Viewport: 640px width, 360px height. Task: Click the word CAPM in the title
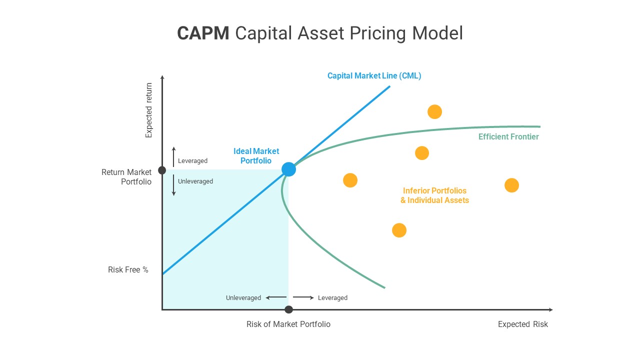click(203, 33)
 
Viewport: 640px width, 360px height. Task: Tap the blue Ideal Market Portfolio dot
click(288, 169)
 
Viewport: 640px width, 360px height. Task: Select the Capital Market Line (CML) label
click(374, 76)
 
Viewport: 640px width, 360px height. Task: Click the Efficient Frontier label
click(508, 137)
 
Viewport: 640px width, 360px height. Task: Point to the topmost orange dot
click(434, 111)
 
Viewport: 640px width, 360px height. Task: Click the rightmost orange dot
click(511, 185)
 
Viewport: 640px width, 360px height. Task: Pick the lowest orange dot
click(399, 230)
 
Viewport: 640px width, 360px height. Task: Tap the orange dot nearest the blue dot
click(350, 180)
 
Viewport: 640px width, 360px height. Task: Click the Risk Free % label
click(128, 270)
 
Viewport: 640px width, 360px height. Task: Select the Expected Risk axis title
click(522, 324)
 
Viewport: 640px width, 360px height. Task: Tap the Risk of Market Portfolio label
click(288, 324)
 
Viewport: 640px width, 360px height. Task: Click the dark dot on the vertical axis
click(162, 170)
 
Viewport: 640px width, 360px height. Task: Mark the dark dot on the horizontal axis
click(288, 309)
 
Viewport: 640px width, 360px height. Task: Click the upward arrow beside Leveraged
click(173, 156)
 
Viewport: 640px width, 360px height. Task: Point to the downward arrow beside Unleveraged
click(173, 185)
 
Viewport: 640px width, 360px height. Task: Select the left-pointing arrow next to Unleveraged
click(275, 298)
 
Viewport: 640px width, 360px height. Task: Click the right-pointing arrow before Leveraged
click(303, 298)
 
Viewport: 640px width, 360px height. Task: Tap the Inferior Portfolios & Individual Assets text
click(434, 195)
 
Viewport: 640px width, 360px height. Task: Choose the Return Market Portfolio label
click(126, 177)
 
